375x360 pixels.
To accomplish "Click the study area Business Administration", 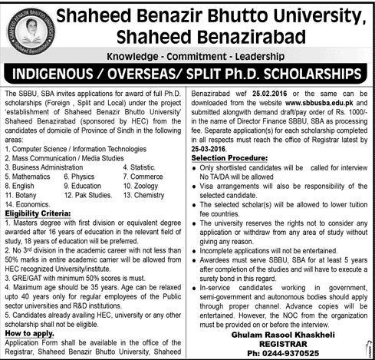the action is click(x=47, y=164).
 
